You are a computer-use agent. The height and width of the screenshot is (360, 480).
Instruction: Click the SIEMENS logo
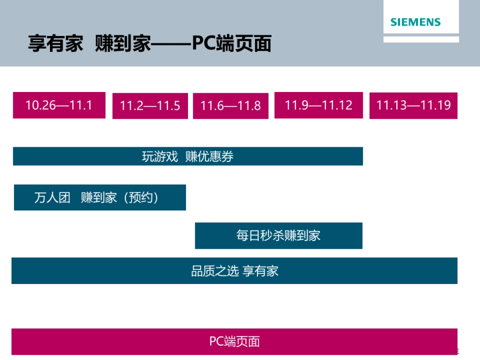coord(416,22)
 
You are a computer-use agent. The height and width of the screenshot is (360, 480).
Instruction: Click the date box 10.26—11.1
coord(59,105)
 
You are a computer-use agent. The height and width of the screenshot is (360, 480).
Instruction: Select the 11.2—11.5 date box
coord(150,106)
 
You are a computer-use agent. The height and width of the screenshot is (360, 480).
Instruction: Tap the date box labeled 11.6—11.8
coord(230,106)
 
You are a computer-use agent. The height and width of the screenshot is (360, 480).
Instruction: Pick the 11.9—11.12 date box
coord(318,105)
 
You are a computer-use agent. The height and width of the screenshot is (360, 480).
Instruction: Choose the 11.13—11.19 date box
coord(413,105)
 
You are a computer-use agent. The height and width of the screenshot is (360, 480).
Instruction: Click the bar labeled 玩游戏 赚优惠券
coord(188,156)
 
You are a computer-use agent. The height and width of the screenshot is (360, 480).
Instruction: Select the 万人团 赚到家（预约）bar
coord(100,198)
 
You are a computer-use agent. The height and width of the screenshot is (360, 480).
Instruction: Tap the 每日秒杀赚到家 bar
coord(278,236)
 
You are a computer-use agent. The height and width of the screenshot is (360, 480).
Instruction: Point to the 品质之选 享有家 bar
coord(234,271)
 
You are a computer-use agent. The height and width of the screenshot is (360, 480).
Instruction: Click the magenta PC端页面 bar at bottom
coord(234,342)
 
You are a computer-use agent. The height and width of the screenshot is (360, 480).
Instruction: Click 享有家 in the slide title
coord(56,43)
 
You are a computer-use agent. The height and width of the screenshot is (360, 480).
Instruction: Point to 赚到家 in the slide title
coord(123,43)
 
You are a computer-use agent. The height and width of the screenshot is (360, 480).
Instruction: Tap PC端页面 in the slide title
coord(232,43)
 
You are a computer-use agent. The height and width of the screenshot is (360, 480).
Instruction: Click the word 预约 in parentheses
coord(141,198)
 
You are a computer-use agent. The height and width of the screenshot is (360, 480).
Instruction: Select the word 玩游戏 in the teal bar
coord(160,156)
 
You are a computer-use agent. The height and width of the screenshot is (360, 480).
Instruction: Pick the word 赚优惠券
coord(209,156)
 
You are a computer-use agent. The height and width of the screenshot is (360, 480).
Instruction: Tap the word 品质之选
coord(215,271)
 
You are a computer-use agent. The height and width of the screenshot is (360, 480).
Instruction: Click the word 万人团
coord(52,198)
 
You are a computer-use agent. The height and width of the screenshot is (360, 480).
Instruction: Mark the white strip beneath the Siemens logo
coord(421,39)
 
